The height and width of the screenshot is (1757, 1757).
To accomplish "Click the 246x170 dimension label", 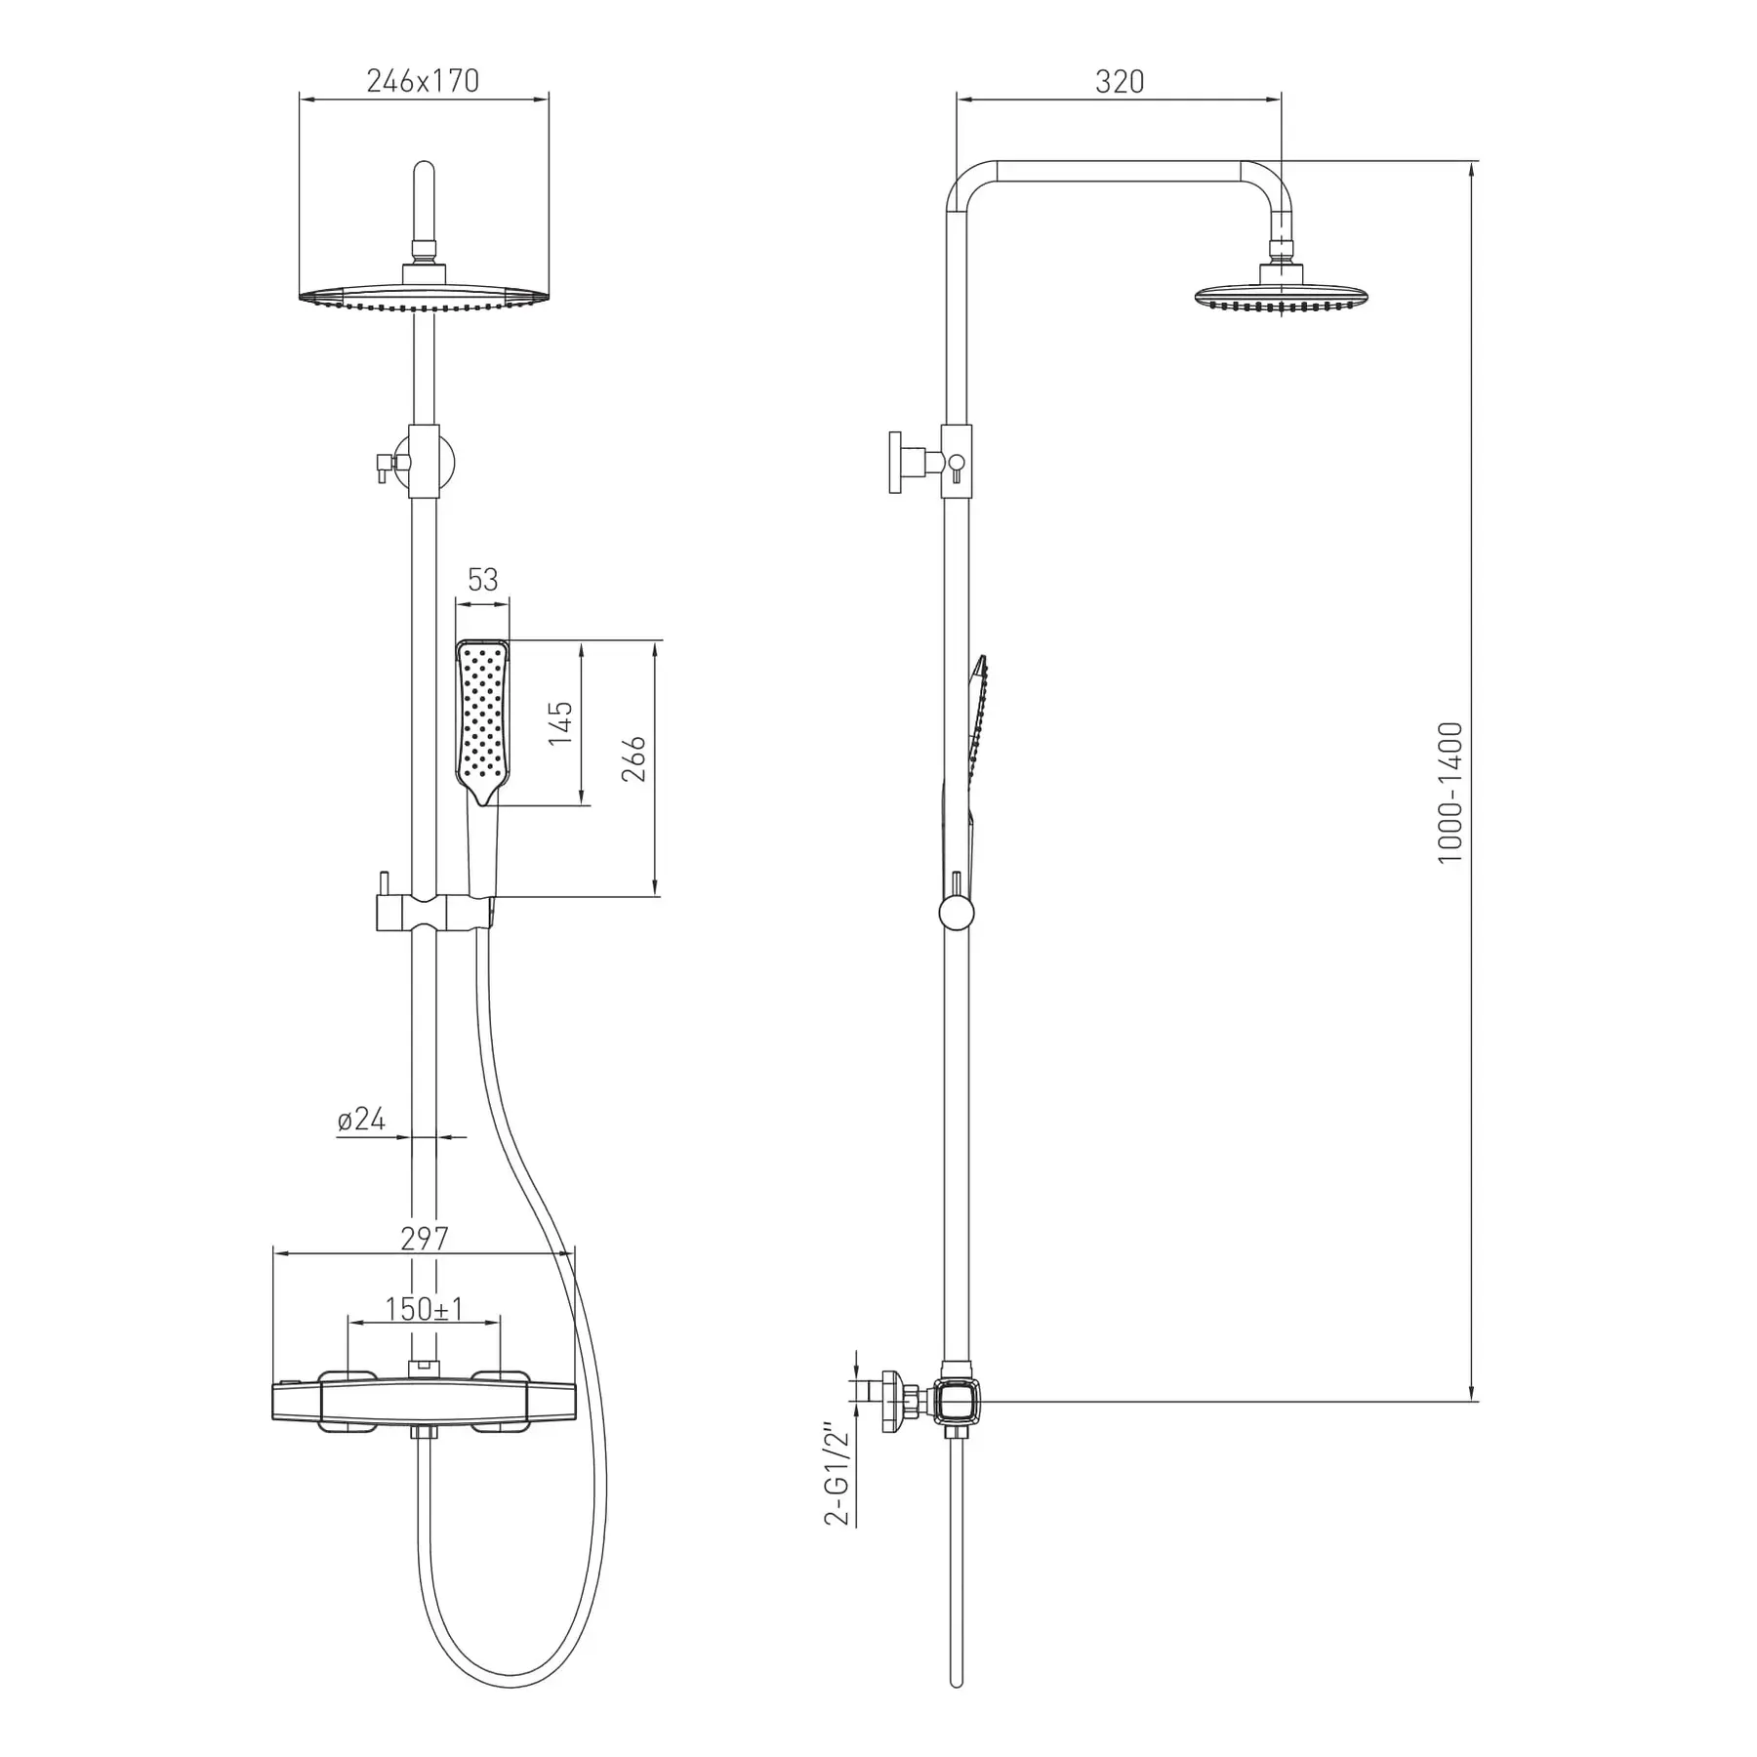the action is point(423,81).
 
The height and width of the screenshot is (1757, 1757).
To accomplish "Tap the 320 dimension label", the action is point(1119,81).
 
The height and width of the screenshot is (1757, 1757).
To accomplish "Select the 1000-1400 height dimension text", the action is point(1451,793).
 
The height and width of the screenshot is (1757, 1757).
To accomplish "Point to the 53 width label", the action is point(482,580).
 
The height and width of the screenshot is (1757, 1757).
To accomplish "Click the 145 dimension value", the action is point(560,723).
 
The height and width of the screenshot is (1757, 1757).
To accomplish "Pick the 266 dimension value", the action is point(633,758).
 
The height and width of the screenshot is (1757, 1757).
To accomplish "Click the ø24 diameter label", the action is point(361,1119).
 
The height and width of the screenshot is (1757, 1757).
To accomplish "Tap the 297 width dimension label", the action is point(425,1238).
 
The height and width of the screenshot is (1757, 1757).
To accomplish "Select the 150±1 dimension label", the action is point(424,1309).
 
